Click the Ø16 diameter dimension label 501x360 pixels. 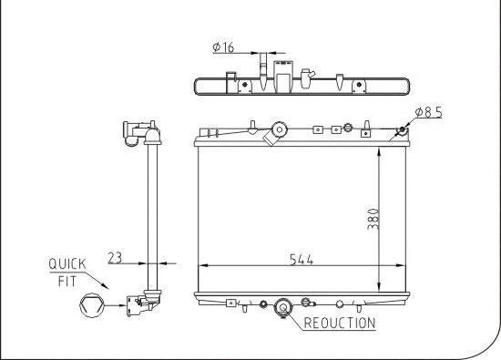pyautogui.click(x=224, y=48)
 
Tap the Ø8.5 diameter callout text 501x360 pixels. pyautogui.click(x=429, y=113)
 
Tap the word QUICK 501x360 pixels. pyautogui.click(x=66, y=263)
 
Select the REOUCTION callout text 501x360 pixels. pyautogui.click(x=339, y=323)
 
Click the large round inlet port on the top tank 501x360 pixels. pyautogui.click(x=279, y=129)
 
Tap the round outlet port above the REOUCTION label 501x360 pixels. pyautogui.click(x=282, y=308)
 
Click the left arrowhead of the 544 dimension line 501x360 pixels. pyautogui.click(x=202, y=266)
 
